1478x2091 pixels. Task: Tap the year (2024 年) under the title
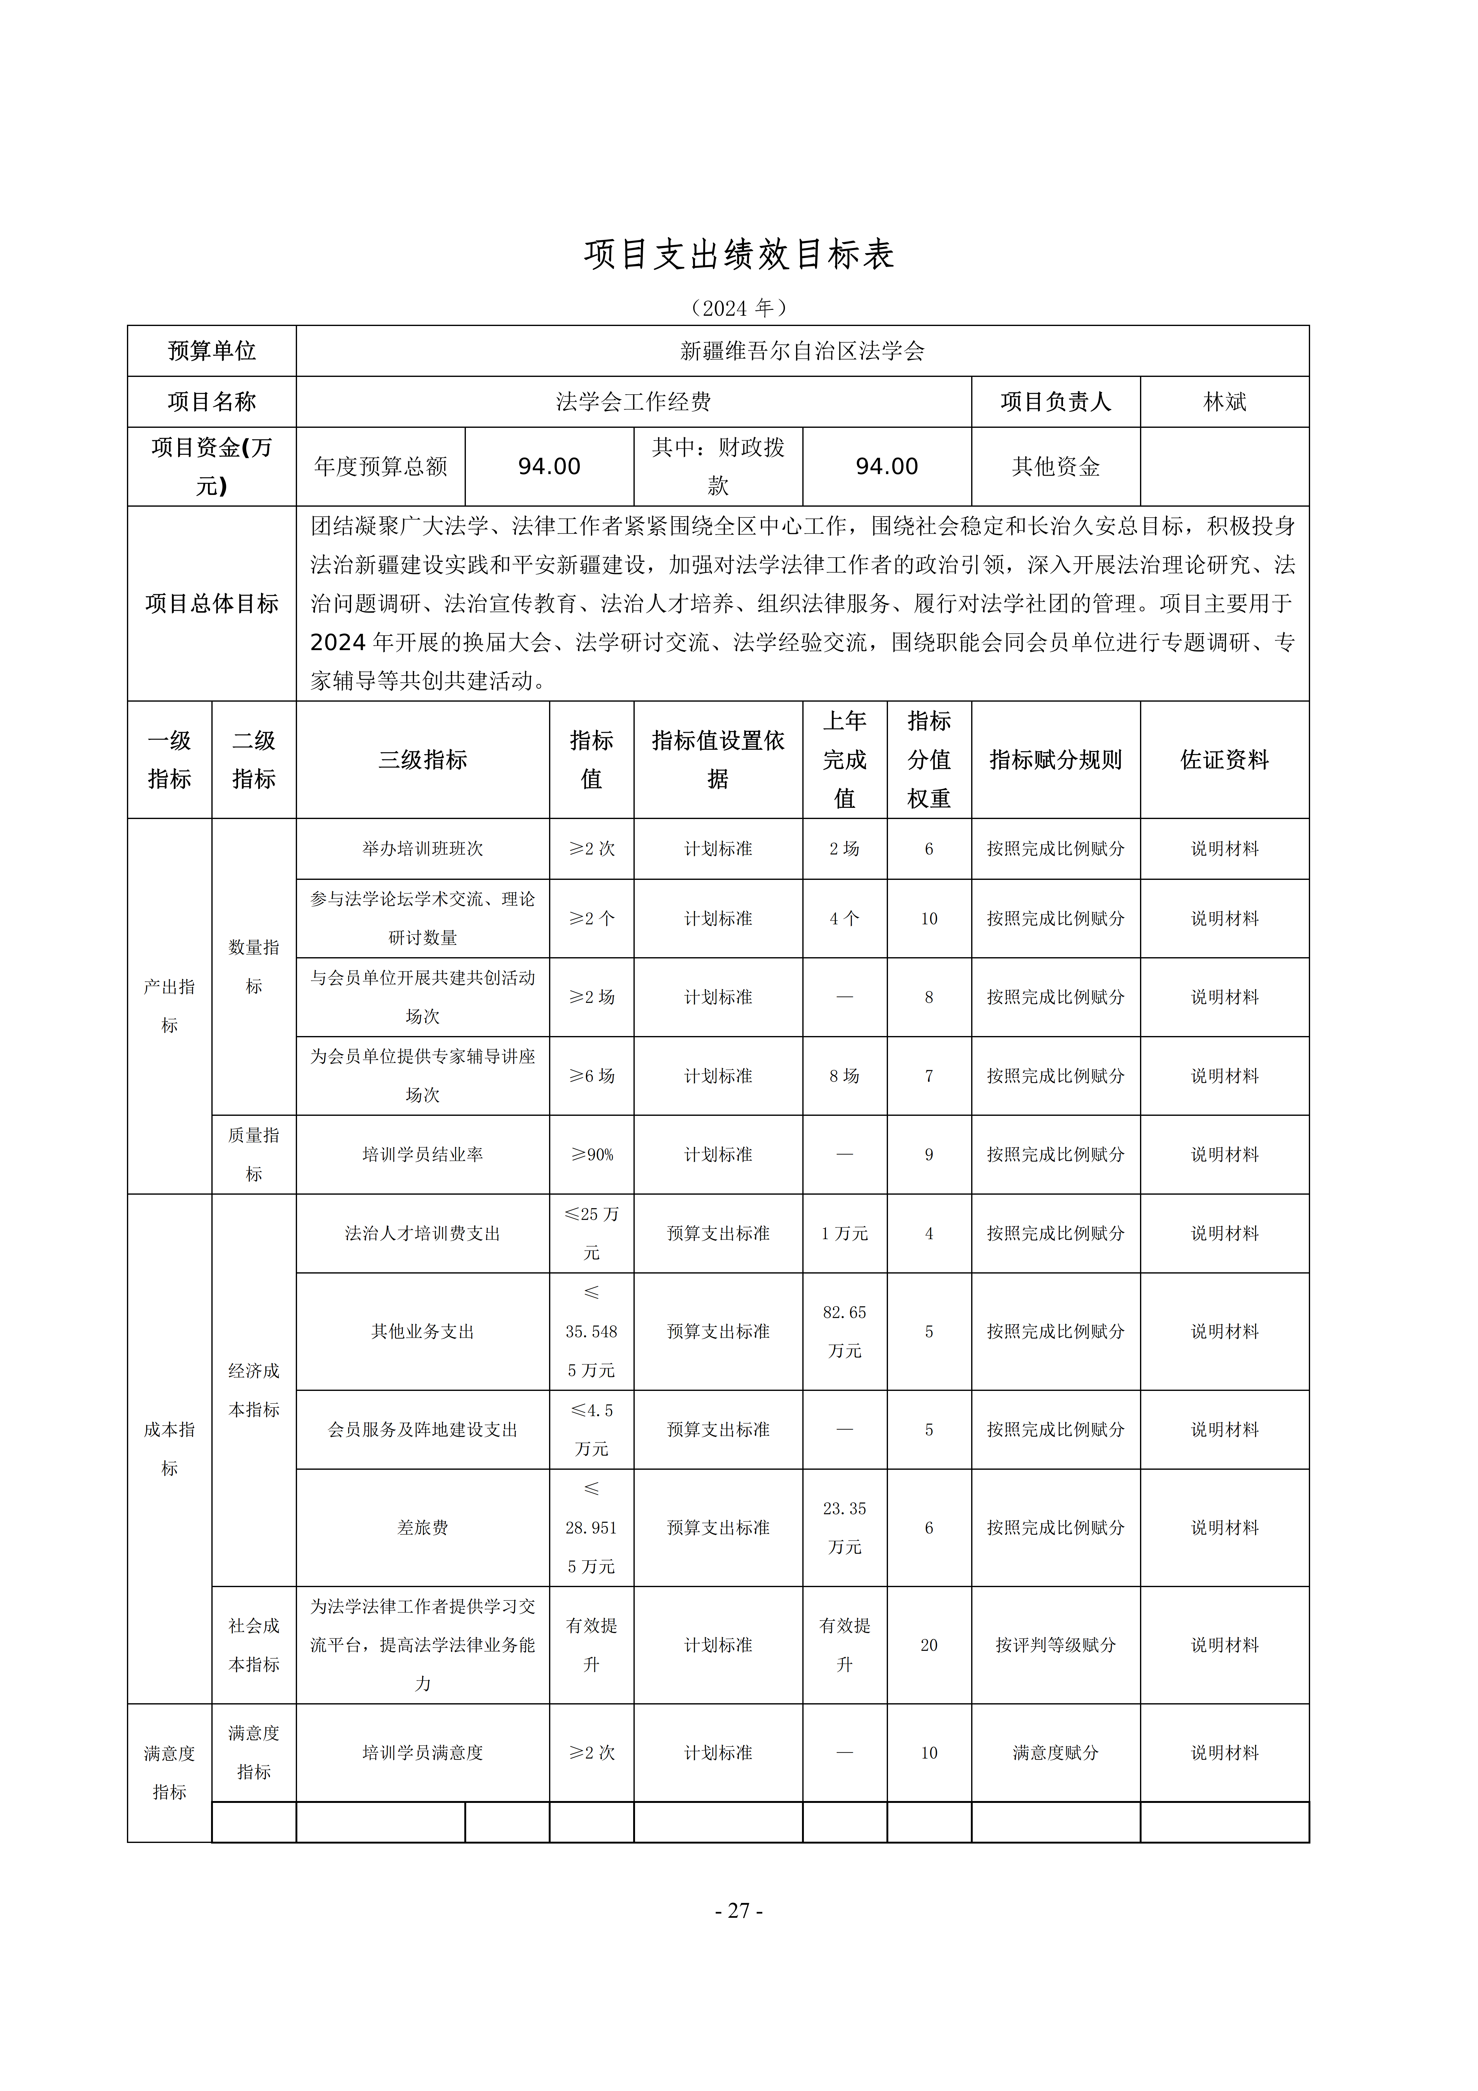[x=739, y=308]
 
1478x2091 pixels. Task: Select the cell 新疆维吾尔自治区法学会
[x=801, y=351]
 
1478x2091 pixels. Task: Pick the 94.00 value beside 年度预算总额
[x=549, y=466]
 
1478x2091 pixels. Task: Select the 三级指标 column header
[x=422, y=759]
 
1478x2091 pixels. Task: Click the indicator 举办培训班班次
[x=422, y=849]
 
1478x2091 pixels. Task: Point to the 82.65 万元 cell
[x=844, y=1332]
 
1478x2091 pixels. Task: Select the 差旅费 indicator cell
[x=422, y=1527]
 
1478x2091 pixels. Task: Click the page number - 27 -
[x=739, y=1911]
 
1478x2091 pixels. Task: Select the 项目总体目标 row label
[x=211, y=604]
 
